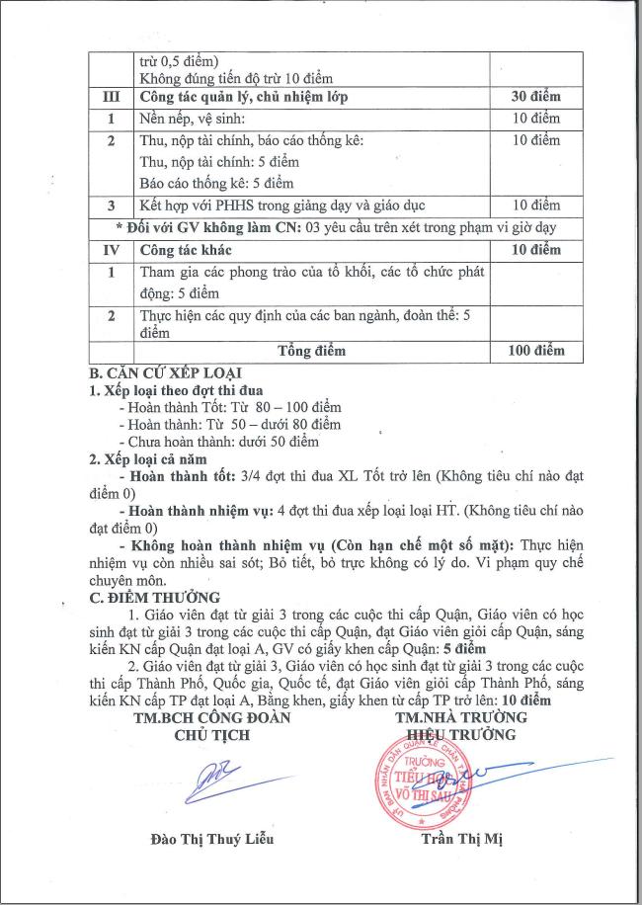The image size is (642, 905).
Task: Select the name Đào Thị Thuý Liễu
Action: click(x=204, y=840)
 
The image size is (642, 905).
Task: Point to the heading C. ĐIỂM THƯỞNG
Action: click(x=155, y=597)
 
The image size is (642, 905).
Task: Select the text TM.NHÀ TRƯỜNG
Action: click(x=460, y=717)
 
